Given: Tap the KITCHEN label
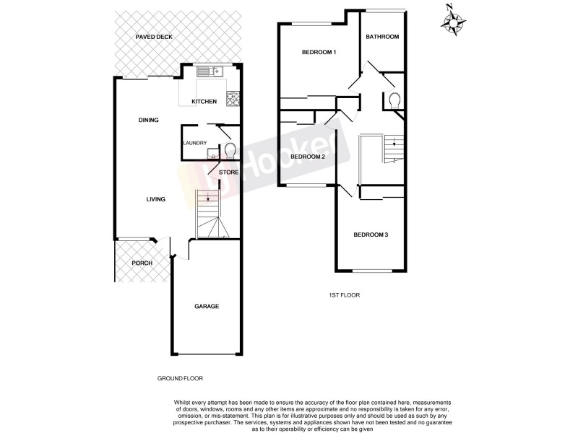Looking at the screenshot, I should tap(204, 102).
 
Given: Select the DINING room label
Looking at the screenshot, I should tap(148, 121).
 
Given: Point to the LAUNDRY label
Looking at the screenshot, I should tap(195, 143).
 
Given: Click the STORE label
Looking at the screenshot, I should tap(228, 172).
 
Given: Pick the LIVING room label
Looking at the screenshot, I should tap(155, 200).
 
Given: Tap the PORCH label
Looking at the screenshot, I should tap(142, 263).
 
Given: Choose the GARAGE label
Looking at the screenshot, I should tap(206, 306).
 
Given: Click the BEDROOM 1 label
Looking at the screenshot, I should tap(319, 53).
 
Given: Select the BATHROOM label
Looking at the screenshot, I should tap(381, 37).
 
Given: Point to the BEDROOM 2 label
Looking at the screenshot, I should tap(308, 157).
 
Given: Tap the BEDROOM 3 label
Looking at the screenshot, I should tap(371, 235).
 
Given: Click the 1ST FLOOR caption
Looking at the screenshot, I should tap(345, 295).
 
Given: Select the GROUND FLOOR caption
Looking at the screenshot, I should tap(180, 379).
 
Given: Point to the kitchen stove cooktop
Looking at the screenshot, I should tap(233, 100).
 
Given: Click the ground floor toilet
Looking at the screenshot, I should tap(230, 151).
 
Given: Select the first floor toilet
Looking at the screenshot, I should tap(394, 100).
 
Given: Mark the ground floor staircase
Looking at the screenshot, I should tap(210, 214).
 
